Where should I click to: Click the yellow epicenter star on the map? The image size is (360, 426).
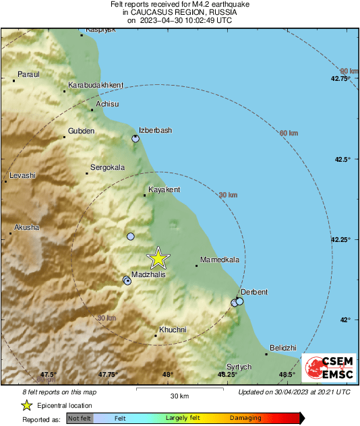click(x=158, y=258)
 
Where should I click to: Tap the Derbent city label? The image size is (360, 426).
click(x=254, y=292)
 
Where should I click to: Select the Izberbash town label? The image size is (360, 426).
click(x=155, y=130)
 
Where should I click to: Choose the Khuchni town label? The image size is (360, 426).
click(x=172, y=330)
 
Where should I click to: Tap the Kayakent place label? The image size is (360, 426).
click(x=164, y=189)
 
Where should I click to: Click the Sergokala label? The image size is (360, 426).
click(x=109, y=166)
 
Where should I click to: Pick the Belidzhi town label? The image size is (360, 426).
click(x=282, y=347)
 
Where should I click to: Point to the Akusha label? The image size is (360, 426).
click(x=27, y=227)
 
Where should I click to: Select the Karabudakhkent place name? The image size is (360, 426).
click(x=96, y=85)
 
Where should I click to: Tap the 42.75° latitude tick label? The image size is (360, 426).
click(x=340, y=79)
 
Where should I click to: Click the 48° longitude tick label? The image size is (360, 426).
click(x=167, y=374)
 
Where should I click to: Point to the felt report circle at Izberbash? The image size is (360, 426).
click(x=136, y=138)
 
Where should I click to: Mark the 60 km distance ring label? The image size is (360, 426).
click(x=289, y=133)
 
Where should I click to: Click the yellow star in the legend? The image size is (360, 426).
click(x=26, y=405)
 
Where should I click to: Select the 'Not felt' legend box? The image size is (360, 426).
click(x=80, y=418)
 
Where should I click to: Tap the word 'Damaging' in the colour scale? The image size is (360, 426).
click(x=245, y=418)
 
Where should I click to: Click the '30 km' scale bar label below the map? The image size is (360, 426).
click(x=179, y=396)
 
